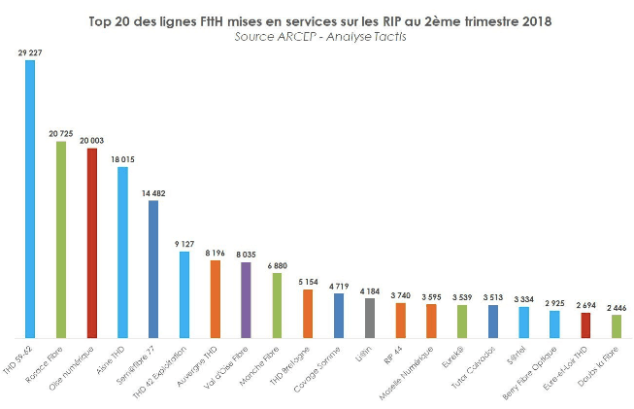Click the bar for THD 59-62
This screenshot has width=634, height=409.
tap(30, 198)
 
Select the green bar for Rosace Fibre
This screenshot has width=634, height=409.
tap(61, 239)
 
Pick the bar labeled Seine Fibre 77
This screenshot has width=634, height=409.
tap(153, 268)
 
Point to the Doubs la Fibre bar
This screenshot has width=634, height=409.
tap(616, 325)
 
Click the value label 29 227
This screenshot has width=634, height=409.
tap(30, 52)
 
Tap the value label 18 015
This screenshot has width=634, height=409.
tap(123, 158)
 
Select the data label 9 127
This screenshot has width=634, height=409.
tap(184, 244)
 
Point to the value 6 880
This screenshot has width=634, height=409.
tap(277, 265)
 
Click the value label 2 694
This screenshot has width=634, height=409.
tap(585, 305)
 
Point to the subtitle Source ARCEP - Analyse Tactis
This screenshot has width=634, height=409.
tap(317, 35)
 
